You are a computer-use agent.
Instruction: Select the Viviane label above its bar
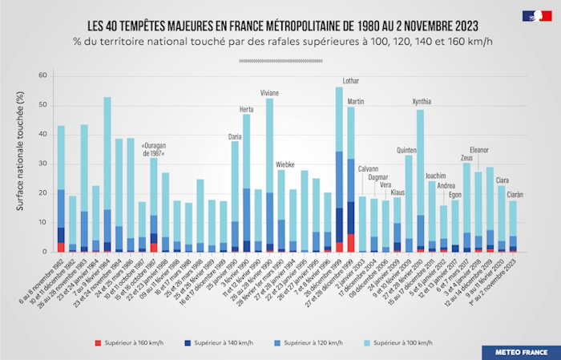(269, 92)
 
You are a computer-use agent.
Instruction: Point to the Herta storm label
(246, 109)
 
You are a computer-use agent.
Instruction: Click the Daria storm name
(234, 136)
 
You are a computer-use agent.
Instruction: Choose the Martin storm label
(356, 101)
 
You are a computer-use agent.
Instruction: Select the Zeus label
(466, 158)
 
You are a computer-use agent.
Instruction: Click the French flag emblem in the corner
(536, 15)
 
